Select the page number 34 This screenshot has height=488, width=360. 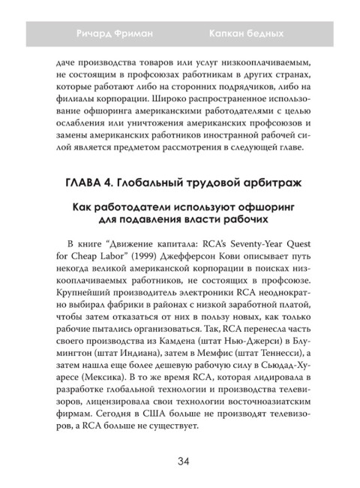point(180,460)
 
